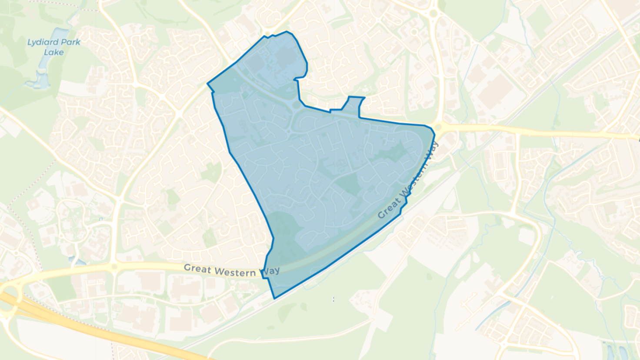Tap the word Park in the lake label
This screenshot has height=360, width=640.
pos(70,43)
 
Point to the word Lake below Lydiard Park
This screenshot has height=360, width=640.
pos(54,52)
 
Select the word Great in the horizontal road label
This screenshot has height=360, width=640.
pos(197,268)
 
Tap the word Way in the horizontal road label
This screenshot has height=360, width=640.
pos(270,271)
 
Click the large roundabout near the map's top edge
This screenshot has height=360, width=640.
pos(433,13)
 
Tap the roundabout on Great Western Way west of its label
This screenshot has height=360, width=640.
pos(114,267)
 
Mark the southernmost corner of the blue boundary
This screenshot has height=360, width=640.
pos(274,298)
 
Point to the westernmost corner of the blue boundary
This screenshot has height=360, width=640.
pos(207,83)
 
